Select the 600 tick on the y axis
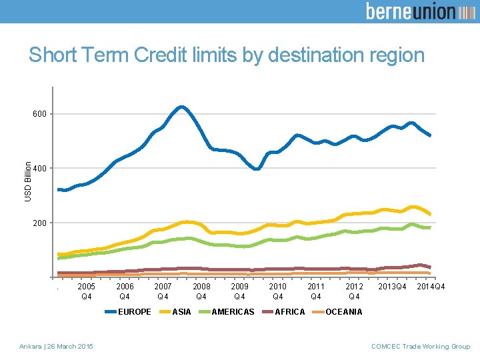pyautogui.click(x=40, y=114)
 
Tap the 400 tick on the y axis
pyautogui.click(x=40, y=169)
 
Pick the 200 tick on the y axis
pyautogui.click(x=40, y=223)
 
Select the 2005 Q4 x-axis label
pyautogui.click(x=87, y=291)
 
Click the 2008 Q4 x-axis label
pyautogui.click(x=201, y=291)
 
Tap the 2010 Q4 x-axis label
pyautogui.click(x=278, y=291)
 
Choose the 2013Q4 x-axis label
pyautogui.click(x=393, y=287)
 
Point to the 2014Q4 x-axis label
pyautogui.click(x=431, y=287)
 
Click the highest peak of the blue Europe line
pyautogui.click(x=181, y=107)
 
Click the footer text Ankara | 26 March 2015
pyautogui.click(x=57, y=346)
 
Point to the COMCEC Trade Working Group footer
pyautogui.click(x=421, y=346)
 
